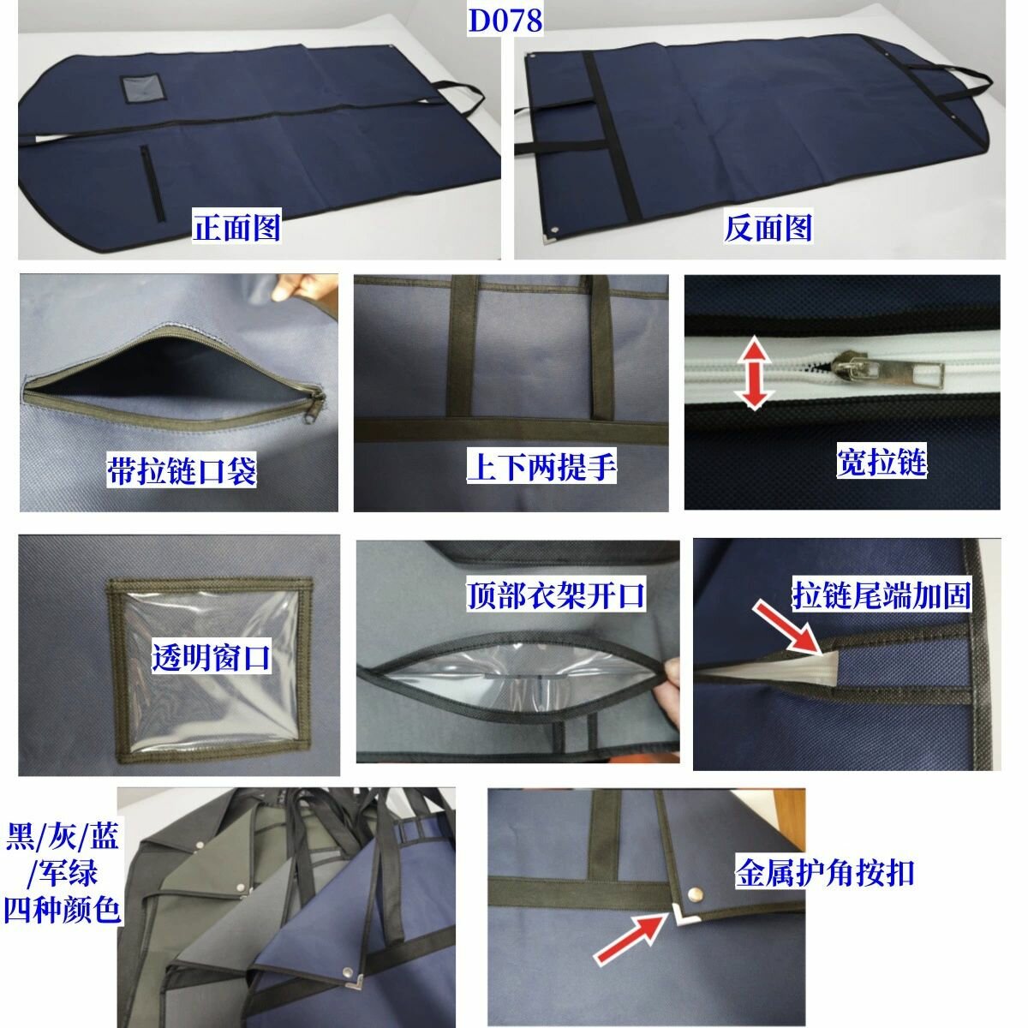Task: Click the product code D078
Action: pyautogui.click(x=505, y=21)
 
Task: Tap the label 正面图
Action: pyautogui.click(x=236, y=227)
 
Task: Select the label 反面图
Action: pyautogui.click(x=768, y=227)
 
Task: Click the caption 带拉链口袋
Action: pyautogui.click(x=182, y=470)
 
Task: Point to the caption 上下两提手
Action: pyautogui.click(x=541, y=466)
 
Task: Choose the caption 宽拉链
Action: pyautogui.click(x=882, y=460)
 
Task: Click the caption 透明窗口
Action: pyautogui.click(x=212, y=657)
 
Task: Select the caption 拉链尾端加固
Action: pyautogui.click(x=882, y=595)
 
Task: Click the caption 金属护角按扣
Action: pyautogui.click(x=825, y=874)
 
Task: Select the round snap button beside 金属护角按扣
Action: pyautogui.click(x=695, y=892)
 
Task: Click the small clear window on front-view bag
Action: pyautogui.click(x=144, y=88)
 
